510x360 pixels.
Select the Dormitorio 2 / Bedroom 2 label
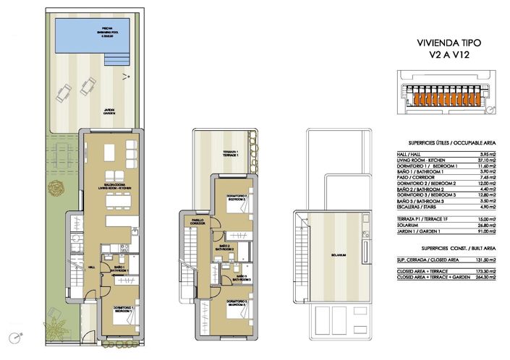tap(237, 197)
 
